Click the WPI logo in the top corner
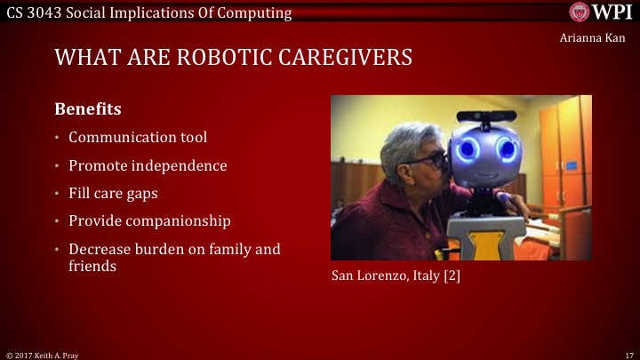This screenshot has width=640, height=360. pyautogui.click(x=600, y=12)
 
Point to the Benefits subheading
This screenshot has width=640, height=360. pyautogui.click(x=88, y=109)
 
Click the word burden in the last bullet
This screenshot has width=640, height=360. pyautogui.click(x=164, y=249)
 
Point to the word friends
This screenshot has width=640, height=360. pyautogui.click(x=92, y=266)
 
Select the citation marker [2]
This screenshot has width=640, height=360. pyautogui.click(x=451, y=276)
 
